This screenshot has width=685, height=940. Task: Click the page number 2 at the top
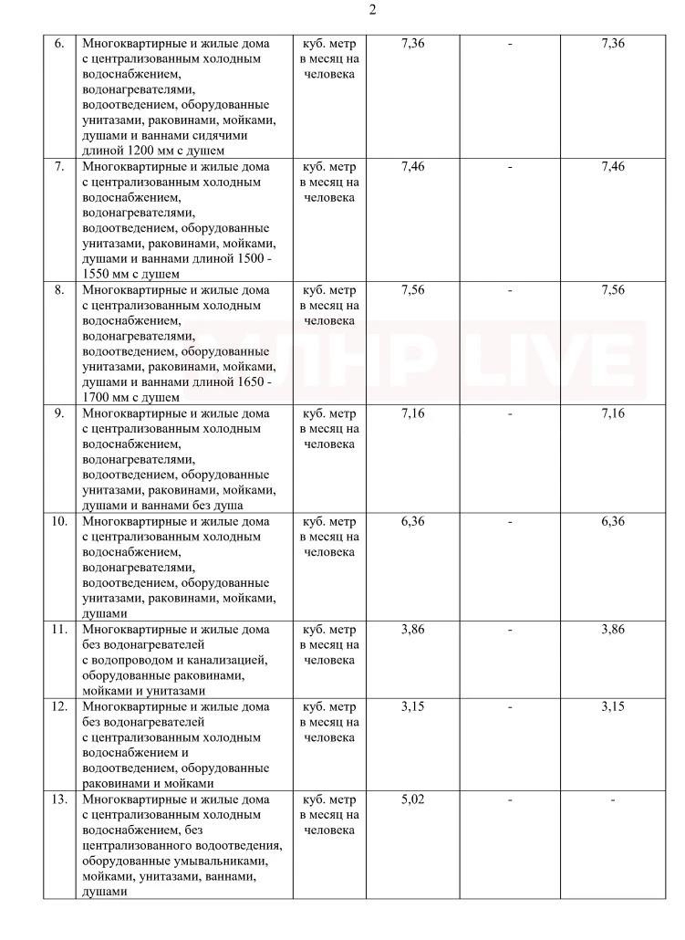click(x=372, y=10)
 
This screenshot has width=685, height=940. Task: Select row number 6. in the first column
click(x=59, y=44)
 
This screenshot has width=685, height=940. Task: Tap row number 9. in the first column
click(x=59, y=413)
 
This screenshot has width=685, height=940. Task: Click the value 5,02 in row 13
click(x=413, y=799)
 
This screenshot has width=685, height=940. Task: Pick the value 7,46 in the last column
click(x=613, y=167)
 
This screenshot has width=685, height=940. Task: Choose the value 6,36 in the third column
click(x=413, y=521)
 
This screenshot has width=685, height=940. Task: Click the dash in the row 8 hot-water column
click(x=510, y=290)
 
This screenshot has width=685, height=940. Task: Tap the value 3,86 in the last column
click(x=613, y=629)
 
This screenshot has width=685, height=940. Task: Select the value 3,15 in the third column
click(x=413, y=706)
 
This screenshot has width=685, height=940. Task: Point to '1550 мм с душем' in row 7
click(x=130, y=274)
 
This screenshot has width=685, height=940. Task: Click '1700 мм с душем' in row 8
click(x=130, y=398)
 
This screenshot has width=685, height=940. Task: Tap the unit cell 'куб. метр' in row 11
click(x=329, y=629)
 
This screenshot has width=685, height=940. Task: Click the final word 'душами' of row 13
click(x=103, y=893)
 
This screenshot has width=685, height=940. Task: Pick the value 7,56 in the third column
click(x=413, y=290)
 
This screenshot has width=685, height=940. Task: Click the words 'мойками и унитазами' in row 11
click(x=144, y=691)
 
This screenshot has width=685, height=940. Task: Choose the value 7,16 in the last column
click(x=613, y=413)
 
